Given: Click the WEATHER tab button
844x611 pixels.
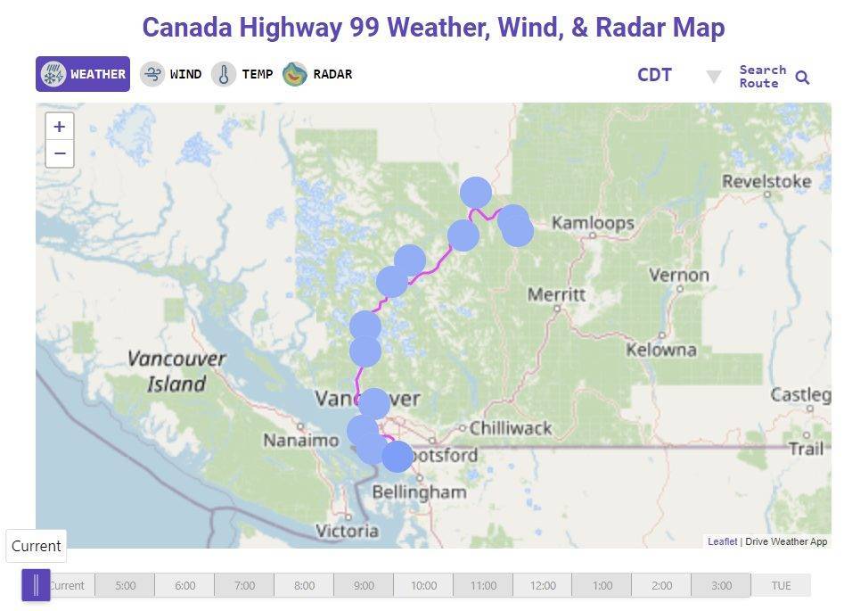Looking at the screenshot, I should tap(83, 74).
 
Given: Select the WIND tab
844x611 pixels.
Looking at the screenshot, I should tap(171, 74).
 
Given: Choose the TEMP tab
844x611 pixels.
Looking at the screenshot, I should tap(242, 74).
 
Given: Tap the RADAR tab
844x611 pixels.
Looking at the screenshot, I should tap(318, 74).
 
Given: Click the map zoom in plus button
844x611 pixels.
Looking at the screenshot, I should tap(60, 127).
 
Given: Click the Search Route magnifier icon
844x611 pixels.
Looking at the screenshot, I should tap(802, 78).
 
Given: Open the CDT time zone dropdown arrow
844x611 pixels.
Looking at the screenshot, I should tap(713, 77).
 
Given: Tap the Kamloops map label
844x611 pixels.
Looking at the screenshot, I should tap(593, 223).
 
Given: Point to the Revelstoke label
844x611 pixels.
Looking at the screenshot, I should tap(766, 182).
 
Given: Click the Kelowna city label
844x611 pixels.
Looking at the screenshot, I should tap(660, 350).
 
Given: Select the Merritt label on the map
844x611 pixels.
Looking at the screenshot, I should tap(556, 293).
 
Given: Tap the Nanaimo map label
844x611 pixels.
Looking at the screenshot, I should tap(300, 440).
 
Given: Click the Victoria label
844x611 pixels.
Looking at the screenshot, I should tap(347, 531).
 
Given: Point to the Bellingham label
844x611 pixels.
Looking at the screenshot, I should tap(419, 491).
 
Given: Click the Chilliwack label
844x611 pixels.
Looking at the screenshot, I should tap(511, 428).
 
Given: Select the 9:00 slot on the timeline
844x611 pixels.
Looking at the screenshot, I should tap(364, 586).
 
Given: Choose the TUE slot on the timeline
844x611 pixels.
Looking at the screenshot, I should tap(781, 586).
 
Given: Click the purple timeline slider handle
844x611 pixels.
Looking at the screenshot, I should tap(36, 585).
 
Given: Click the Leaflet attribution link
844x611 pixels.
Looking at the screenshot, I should tap(722, 541).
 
